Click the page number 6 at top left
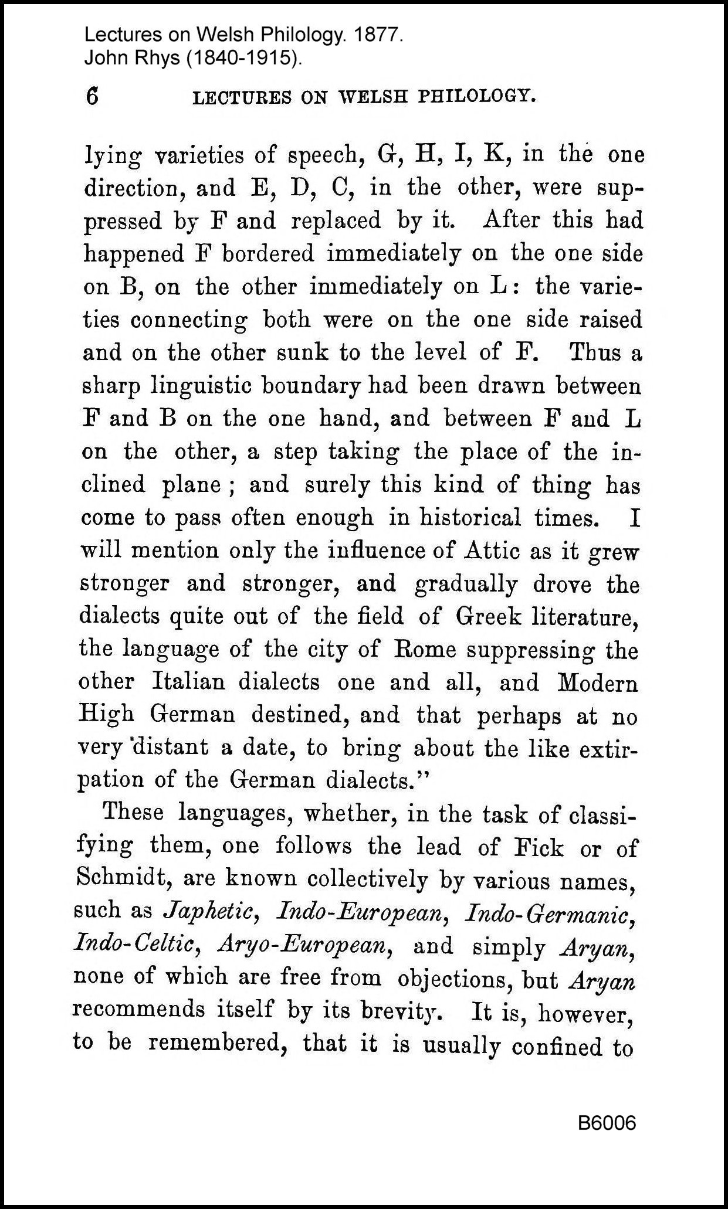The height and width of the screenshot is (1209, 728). point(92,96)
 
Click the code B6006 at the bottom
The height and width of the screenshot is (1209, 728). point(607,1123)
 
